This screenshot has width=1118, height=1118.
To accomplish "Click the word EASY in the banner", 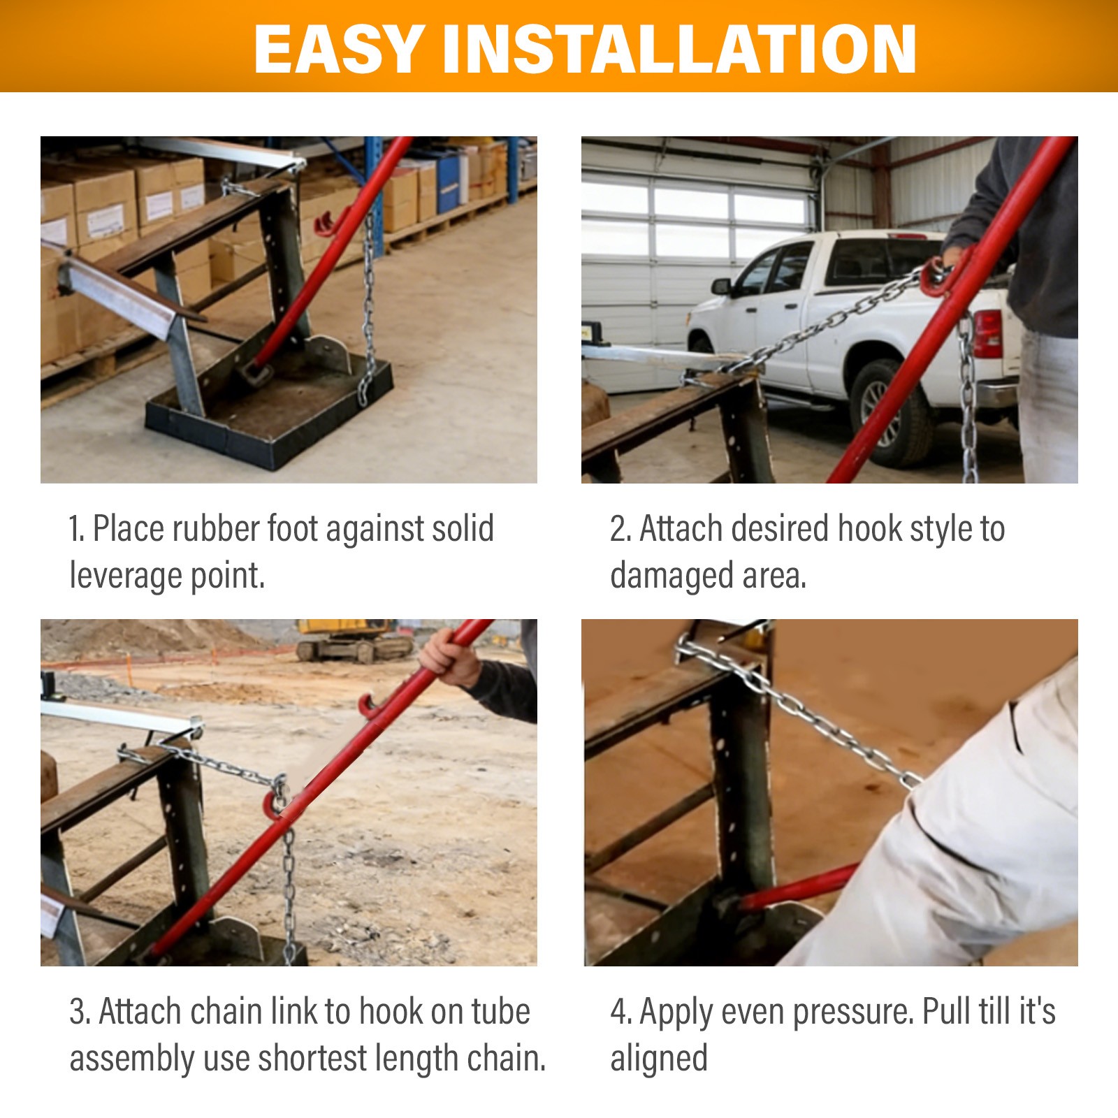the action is (x=339, y=49).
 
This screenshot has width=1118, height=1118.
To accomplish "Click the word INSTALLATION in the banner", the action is (x=680, y=49).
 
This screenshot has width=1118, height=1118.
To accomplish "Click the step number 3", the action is (x=78, y=1012).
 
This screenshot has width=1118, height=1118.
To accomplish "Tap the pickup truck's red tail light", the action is (x=987, y=333).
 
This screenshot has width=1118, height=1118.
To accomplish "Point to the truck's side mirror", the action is (x=721, y=286).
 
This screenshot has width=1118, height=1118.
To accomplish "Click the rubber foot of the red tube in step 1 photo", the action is (x=252, y=371).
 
